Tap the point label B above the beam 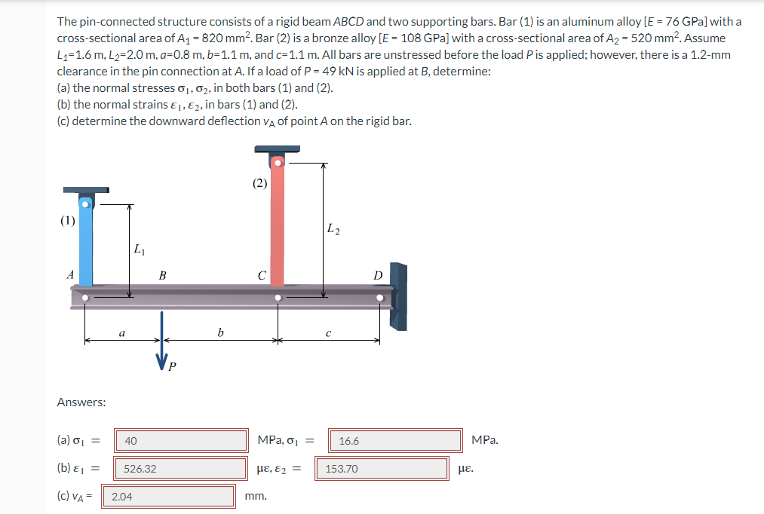coord(162,276)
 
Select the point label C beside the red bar coord(261,276)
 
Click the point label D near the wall coord(378,276)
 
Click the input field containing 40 coord(181,440)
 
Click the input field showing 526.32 coord(181,468)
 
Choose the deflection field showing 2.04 coord(173,496)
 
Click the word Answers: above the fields coord(81,402)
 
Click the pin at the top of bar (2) coord(278,162)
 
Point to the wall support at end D coord(398,296)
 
